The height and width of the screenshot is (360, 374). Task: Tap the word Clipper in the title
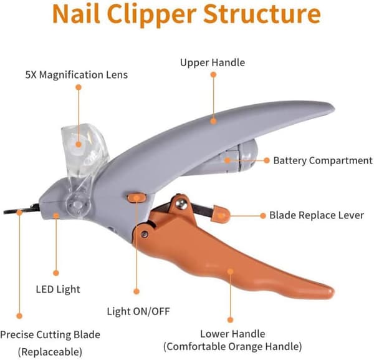tap(151, 15)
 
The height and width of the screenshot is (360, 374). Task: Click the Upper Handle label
tap(213, 63)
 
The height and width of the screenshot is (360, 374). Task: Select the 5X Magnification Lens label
tap(76, 75)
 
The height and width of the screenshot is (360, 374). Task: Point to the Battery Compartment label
tap(323, 161)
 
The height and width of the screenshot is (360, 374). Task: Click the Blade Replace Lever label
tap(317, 215)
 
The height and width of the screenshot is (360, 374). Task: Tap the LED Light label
tap(58, 289)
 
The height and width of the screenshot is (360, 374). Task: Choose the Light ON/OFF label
tap(138, 311)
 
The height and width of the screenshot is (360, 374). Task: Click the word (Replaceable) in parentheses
tap(50, 352)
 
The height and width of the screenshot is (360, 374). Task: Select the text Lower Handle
tap(233, 334)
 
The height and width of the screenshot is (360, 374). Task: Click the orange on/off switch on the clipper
tap(137, 198)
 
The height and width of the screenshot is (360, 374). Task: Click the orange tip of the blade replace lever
tap(221, 214)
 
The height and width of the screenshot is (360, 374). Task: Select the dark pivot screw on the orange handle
tap(145, 234)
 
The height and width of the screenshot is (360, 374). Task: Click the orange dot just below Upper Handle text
tap(213, 75)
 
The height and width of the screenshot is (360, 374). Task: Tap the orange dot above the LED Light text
tap(56, 273)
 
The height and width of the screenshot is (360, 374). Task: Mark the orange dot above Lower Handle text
tap(230, 320)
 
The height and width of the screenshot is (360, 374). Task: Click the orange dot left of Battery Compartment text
tap(267, 160)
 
